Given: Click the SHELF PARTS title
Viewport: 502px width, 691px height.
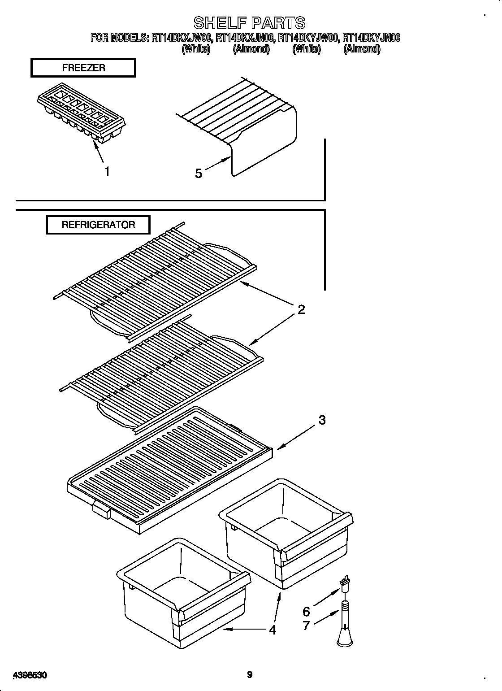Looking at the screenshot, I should (249, 22).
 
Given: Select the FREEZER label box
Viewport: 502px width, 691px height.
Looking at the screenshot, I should (83, 68).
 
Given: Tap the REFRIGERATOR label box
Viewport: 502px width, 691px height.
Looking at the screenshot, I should (98, 225).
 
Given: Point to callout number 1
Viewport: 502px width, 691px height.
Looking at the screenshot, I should (107, 171).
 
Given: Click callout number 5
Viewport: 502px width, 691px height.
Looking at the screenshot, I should (199, 174).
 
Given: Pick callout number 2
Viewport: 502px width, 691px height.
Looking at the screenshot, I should (301, 309).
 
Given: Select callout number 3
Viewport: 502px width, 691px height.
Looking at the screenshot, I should (322, 421).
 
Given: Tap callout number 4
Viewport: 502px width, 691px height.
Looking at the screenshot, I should (273, 630).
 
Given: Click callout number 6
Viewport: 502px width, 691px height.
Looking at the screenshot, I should (307, 611).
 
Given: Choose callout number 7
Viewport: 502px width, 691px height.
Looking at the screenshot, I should (307, 626).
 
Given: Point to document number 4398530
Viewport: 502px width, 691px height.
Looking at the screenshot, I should (31, 662).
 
